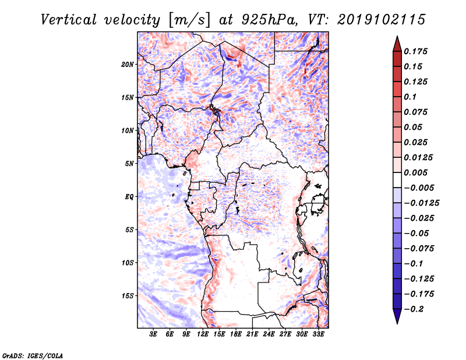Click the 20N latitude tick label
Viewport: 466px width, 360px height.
pyautogui.click(x=128, y=65)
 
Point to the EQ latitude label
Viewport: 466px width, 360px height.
pyautogui.click(x=129, y=197)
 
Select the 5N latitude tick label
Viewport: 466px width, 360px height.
pyautogui.click(x=129, y=164)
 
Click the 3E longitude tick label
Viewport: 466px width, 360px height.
pyautogui.click(x=153, y=334)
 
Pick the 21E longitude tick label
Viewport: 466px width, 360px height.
pyautogui.click(x=252, y=334)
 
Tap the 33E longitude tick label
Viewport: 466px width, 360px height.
pyautogui.click(x=318, y=334)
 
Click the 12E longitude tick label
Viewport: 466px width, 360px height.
pyautogui.click(x=203, y=334)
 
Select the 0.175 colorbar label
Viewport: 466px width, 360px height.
pyautogui.click(x=415, y=51)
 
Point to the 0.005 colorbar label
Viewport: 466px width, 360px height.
pyautogui.click(x=415, y=172)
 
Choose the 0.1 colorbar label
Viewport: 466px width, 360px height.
pyautogui.click(x=410, y=97)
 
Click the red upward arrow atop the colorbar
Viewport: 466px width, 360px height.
pyautogui.click(x=397, y=44)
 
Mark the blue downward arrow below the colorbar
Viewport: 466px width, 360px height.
pyautogui.click(x=397, y=316)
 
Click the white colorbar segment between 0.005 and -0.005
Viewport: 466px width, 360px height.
pyautogui.click(x=397, y=180)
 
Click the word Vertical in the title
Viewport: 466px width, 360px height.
pyautogui.click(x=69, y=20)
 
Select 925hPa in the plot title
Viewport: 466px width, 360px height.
pyautogui.click(x=269, y=20)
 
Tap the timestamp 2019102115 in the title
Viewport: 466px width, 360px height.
pyautogui.click(x=382, y=20)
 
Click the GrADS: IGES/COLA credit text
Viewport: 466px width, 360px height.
pyautogui.click(x=33, y=355)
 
